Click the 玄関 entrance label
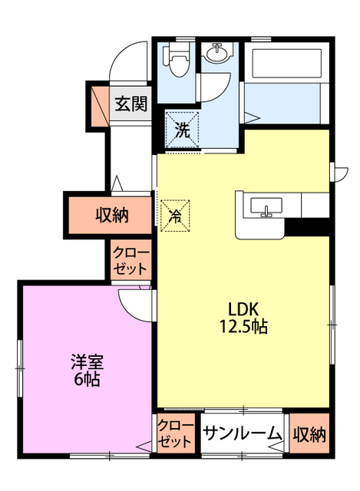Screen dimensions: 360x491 [x=130, y=104]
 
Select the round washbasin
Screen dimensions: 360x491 [x=216, y=53]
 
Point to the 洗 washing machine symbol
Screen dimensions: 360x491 [x=183, y=130]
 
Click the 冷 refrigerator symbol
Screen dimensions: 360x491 [x=175, y=216]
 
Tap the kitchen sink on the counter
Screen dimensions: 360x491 [x=266, y=207]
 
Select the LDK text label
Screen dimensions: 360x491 [x=243, y=308]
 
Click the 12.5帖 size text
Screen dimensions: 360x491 [x=243, y=327]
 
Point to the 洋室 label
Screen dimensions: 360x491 [x=87, y=362]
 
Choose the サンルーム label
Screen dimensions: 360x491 [x=241, y=433]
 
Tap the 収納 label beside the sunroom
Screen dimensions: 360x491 [x=309, y=434]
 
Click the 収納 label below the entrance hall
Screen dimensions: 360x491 [x=112, y=215]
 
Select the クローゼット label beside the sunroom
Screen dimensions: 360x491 [x=174, y=433]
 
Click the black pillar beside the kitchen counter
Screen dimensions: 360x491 [x=307, y=227]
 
